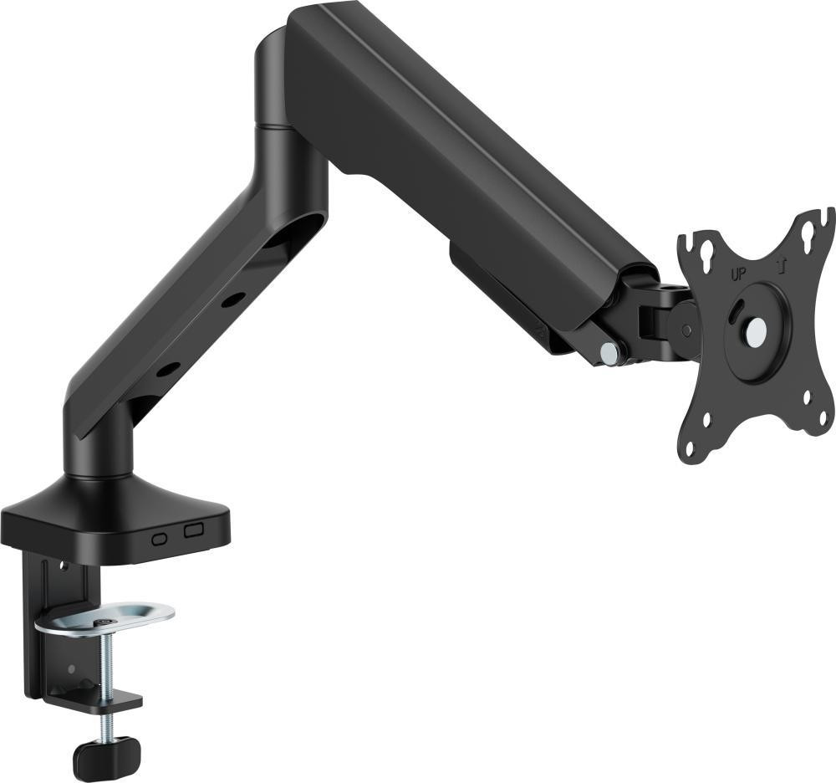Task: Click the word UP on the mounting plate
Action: [x=738, y=274]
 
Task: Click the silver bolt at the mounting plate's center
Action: [x=756, y=331]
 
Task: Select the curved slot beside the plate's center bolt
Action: [x=737, y=310]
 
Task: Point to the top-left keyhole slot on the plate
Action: [x=709, y=249]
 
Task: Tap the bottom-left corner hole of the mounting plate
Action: [x=690, y=448]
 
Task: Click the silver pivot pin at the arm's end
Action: [x=608, y=351]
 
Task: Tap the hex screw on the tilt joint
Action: [x=686, y=330]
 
